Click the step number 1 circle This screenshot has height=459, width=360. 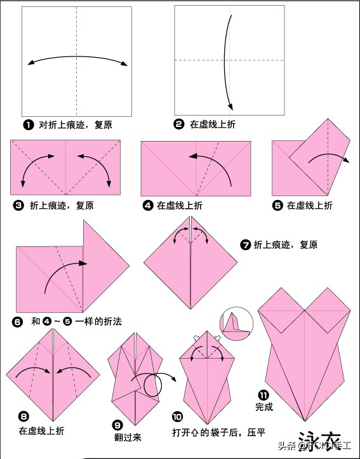pyautogui.click(x=28, y=125)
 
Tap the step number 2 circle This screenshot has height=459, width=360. pyautogui.click(x=179, y=125)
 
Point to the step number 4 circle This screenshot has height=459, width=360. pyautogui.click(x=148, y=205)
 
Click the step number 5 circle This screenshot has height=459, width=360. pyautogui.click(x=277, y=205)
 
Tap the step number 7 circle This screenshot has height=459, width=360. pyautogui.click(x=246, y=244)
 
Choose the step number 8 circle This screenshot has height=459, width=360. pyautogui.click(x=23, y=416)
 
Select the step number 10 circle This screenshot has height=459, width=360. pyautogui.click(x=177, y=416)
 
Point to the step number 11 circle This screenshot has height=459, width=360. pyautogui.click(x=263, y=394)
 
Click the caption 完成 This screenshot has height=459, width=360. pyautogui.click(x=264, y=407)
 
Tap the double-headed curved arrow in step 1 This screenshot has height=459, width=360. pyautogui.click(x=77, y=59)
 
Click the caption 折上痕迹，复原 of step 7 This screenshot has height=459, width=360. pyautogui.click(x=286, y=244)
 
